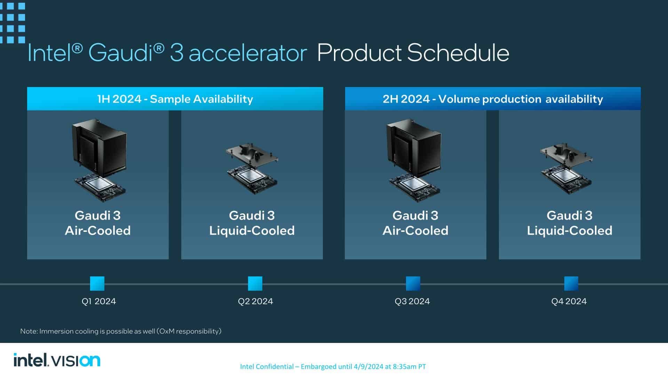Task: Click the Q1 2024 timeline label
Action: pyautogui.click(x=99, y=301)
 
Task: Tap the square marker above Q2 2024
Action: pyautogui.click(x=255, y=283)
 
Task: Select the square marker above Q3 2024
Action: pyautogui.click(x=413, y=283)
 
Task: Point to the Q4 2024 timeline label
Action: pyautogui.click(x=569, y=301)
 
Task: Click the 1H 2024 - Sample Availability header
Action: pyautogui.click(x=175, y=99)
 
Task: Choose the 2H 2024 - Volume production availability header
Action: pyautogui.click(x=493, y=99)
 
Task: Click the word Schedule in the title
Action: pyautogui.click(x=458, y=53)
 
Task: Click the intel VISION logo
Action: pyautogui.click(x=57, y=360)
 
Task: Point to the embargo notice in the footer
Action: pyautogui.click(x=333, y=366)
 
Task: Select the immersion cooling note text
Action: pyautogui.click(x=121, y=331)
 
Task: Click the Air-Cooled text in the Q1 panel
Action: pyautogui.click(x=98, y=230)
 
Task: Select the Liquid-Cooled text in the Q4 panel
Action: pyautogui.click(x=570, y=230)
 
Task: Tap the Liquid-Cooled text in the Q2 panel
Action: pyautogui.click(x=252, y=230)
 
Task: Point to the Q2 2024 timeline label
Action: pyautogui.click(x=255, y=301)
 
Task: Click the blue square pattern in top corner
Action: pyautogui.click(x=13, y=23)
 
